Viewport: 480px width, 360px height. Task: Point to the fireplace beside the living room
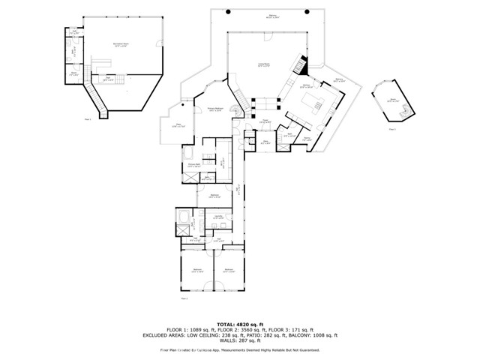pos(299,65)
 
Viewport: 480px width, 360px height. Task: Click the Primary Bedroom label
pos(217,110)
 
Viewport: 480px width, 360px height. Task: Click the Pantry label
pos(307,139)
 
